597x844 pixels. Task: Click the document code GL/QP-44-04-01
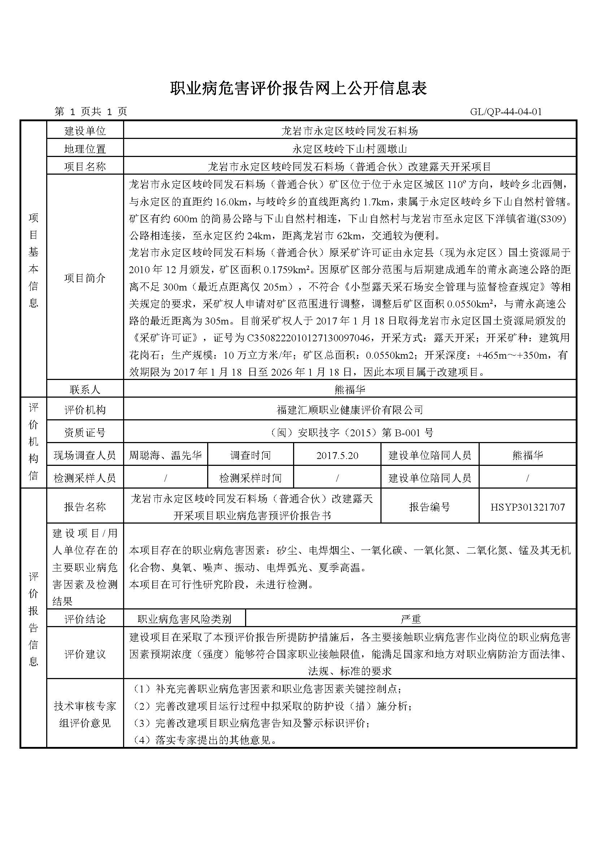[x=506, y=112]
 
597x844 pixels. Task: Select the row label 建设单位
[x=85, y=131]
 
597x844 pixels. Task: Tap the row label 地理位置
[x=85, y=149]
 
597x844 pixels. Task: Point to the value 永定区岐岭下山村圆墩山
[x=350, y=149]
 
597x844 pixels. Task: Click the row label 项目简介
[x=85, y=278]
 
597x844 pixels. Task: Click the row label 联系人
[x=85, y=390]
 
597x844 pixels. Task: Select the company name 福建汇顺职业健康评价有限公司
[x=350, y=410]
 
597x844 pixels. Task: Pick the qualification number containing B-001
[x=350, y=433]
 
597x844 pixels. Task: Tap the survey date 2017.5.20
[x=337, y=456]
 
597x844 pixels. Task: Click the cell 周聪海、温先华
[x=165, y=456]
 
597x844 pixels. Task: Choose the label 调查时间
[x=250, y=456]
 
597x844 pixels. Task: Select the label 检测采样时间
[x=250, y=478]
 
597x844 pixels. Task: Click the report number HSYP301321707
[x=528, y=507]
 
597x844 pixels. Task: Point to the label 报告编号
[x=430, y=507]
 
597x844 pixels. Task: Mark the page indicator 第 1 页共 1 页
[x=91, y=112]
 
